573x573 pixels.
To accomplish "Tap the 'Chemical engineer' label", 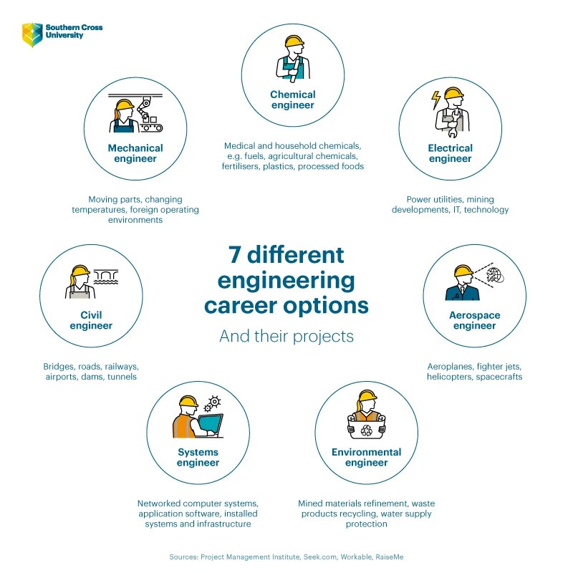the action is pos(292,100).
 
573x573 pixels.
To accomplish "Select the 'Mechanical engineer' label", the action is pos(135,153).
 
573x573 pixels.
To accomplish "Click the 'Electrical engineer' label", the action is pos(451,153).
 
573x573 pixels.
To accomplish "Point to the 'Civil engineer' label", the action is pos(91,320).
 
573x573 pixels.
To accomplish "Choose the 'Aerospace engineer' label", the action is pos(474,320).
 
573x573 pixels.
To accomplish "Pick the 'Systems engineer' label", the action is pos(198,457).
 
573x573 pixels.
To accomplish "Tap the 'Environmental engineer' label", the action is pos(366,457).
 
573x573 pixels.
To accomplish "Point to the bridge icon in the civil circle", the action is pos(106,275).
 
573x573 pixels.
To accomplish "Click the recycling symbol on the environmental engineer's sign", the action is pos(367,430).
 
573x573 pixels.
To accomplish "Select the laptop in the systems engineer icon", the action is pos(210,425).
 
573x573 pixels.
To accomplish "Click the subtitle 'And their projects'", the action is pos(286,336).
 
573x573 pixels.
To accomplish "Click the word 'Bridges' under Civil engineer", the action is pos(59,366).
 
